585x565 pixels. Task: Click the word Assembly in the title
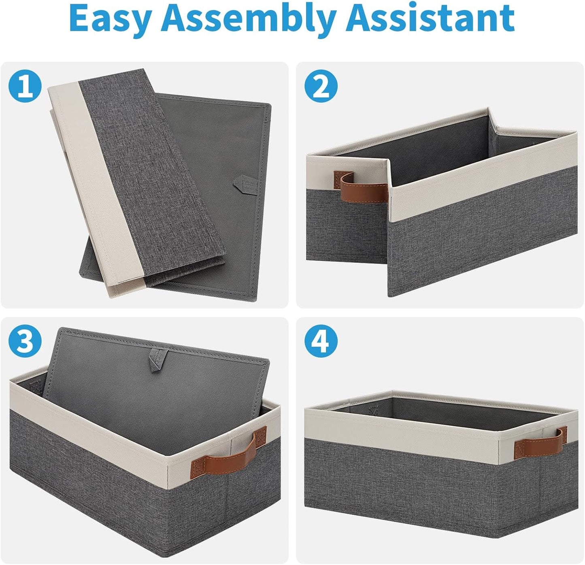pos(251,19)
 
